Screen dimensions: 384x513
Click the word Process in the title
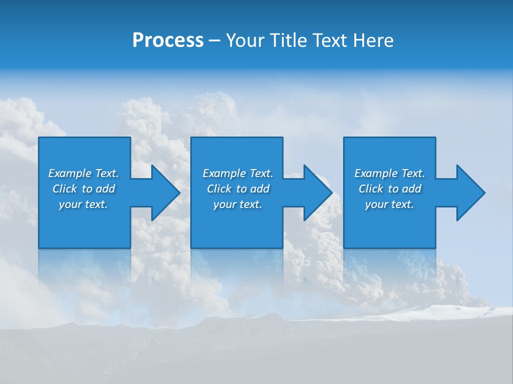coord(168,41)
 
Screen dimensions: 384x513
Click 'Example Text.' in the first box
coord(83,173)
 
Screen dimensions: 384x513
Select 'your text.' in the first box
coord(83,204)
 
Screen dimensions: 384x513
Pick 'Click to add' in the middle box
coord(238,189)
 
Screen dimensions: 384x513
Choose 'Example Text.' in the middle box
coord(238,173)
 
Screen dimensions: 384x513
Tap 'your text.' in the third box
coord(390,204)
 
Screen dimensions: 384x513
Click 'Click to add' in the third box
coord(390,189)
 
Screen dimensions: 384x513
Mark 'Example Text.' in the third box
coord(390,173)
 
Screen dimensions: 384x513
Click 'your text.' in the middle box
coord(238,204)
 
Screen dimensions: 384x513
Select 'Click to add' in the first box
coord(83,189)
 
